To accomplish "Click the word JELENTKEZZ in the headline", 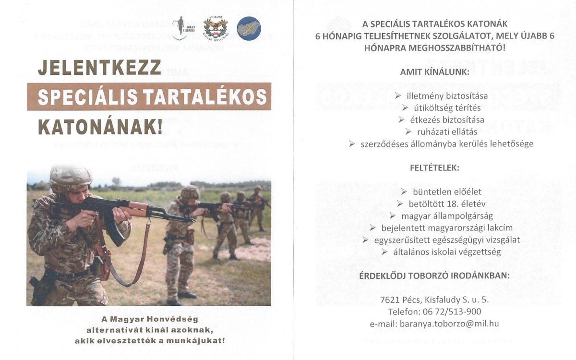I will (x=99, y=68).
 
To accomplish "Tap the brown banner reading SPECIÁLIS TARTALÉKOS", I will (x=149, y=96).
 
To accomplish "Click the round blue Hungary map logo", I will (x=249, y=28).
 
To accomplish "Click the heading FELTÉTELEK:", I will (x=434, y=168).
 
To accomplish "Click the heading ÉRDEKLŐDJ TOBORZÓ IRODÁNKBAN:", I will (x=434, y=276).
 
